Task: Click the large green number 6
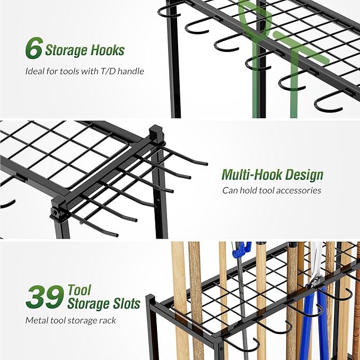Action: [33, 49]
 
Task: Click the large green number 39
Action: [45, 298]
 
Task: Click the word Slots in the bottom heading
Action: [123, 304]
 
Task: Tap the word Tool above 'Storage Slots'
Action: [79, 290]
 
